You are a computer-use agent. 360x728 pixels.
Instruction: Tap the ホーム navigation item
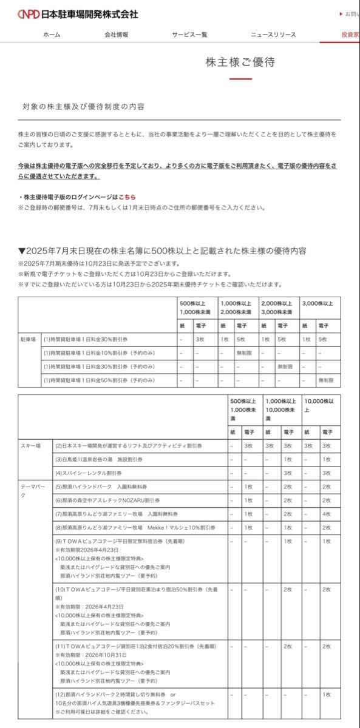pyautogui.click(x=52, y=35)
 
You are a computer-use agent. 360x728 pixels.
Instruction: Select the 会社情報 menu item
pyautogui.click(x=116, y=35)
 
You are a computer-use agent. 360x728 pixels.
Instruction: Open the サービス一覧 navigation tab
pyautogui.click(x=189, y=35)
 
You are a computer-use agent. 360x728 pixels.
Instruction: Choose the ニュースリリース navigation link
pyautogui.click(x=273, y=35)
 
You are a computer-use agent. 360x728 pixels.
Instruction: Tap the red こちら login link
pyautogui.click(x=127, y=197)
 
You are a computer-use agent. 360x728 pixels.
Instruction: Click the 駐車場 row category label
pyautogui.click(x=29, y=339)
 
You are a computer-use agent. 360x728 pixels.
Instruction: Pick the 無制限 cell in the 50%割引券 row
pyautogui.click(x=326, y=380)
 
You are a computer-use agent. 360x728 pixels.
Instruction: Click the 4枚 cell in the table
pyautogui.click(x=327, y=513)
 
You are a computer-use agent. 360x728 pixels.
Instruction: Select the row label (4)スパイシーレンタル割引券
pyautogui.click(x=89, y=473)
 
